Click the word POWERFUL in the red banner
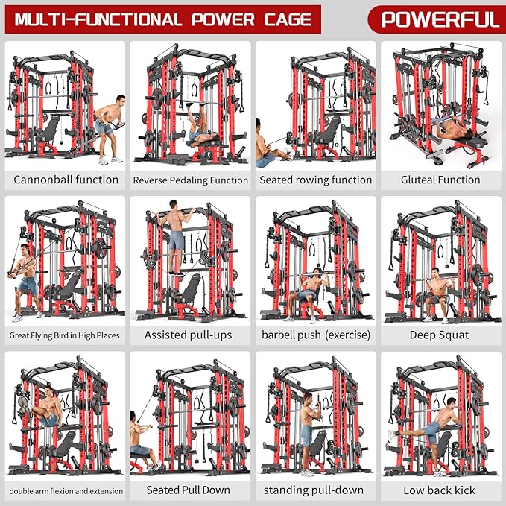pyautogui.click(x=440, y=19)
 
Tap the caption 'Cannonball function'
pyautogui.click(x=66, y=180)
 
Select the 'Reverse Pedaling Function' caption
pyautogui.click(x=190, y=180)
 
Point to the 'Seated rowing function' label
pyautogui.click(x=315, y=180)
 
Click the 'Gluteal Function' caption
pyautogui.click(x=440, y=180)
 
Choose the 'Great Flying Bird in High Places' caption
pyautogui.click(x=65, y=335)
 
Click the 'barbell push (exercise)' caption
pyautogui.click(x=315, y=335)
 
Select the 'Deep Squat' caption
pyautogui.click(x=440, y=335)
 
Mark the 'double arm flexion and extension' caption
pyautogui.click(x=65, y=490)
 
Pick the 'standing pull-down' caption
pyautogui.click(x=314, y=490)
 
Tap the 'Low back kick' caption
pyautogui.click(x=439, y=490)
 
